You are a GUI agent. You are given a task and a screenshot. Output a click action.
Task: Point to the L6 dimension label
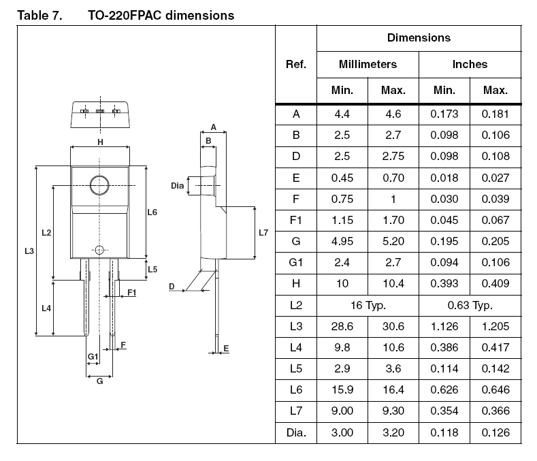pos(152,212)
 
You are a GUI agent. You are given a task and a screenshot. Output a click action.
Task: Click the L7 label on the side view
pos(263,233)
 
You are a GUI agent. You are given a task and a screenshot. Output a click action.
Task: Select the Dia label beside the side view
pos(178,185)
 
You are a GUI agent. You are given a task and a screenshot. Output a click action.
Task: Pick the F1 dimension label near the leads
pos(132,292)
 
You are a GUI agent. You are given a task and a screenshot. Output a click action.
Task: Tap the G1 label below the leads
pos(93,356)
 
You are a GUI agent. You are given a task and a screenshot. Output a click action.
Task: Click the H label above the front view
pos(100,142)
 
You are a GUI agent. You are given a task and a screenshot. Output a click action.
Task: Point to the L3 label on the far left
pos(29,251)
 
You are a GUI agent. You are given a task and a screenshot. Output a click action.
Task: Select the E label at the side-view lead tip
pos(226,349)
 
